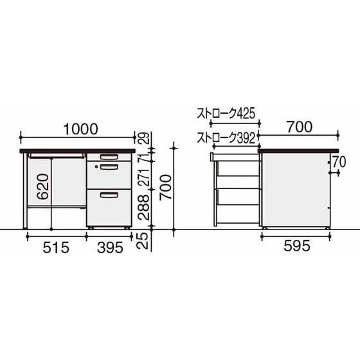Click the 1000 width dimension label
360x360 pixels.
[80, 129]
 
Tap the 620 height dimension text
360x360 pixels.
[43, 186]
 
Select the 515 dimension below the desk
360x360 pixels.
[56, 248]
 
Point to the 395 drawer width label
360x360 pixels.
[110, 248]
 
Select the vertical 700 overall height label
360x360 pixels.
[166, 187]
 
